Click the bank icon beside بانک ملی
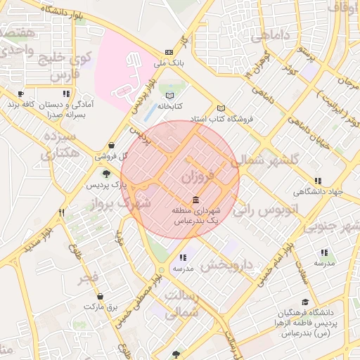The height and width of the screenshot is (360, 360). coord(169,52)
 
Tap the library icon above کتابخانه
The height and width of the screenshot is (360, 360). coord(169,96)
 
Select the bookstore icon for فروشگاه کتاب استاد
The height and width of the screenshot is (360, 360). coord(221,108)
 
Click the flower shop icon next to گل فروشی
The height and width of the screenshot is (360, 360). coord(101,146)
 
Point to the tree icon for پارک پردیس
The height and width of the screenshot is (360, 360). coord(106,174)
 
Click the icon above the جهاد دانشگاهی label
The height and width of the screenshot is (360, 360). coord(319,181)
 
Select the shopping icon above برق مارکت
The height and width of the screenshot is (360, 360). coord(101,296)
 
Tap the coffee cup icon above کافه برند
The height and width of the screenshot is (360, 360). coord(21,94)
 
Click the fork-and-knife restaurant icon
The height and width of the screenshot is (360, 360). coord(62,212)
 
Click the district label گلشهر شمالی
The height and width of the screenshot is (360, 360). coord(270,159)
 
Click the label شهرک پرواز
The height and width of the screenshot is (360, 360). coord(124,203)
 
